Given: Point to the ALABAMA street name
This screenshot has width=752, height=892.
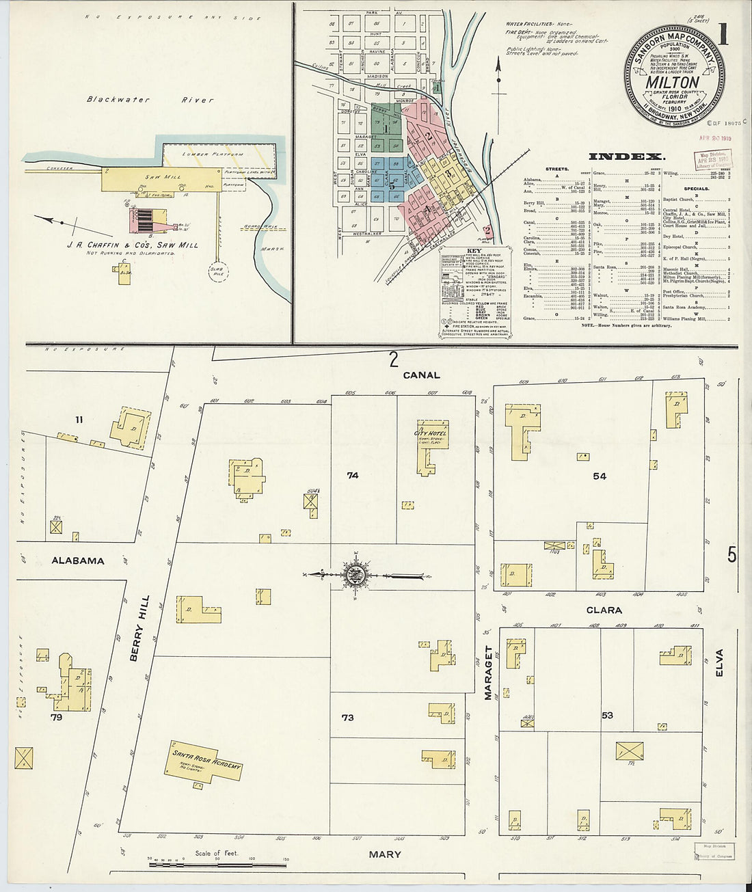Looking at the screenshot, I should point(78,560).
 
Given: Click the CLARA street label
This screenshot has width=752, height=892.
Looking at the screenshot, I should point(604,610).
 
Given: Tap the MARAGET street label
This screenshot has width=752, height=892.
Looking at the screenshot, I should point(488,673).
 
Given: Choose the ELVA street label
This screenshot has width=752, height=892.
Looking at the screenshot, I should point(719,662).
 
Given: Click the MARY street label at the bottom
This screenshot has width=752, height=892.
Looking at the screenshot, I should point(385,854).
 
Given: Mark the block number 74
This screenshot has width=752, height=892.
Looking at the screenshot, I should point(352,475).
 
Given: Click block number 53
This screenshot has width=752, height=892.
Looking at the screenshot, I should point(607,716).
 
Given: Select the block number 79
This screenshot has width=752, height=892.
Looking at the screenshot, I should point(56,718).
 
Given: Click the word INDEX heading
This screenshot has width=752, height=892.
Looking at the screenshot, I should point(627,156).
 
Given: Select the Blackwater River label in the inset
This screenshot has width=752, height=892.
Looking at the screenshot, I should point(150,100).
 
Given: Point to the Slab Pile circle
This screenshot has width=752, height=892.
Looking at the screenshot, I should point(220,271).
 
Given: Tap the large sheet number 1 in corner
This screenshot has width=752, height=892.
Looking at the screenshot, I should point(723,34).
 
